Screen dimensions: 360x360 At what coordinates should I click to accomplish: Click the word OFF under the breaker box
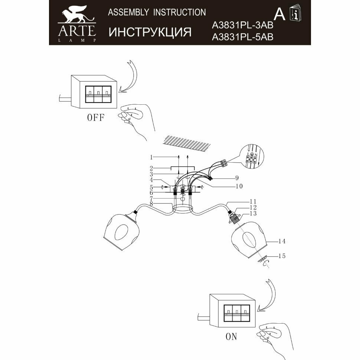(x=96, y=118)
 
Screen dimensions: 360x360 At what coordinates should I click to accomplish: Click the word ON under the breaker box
(x=231, y=337)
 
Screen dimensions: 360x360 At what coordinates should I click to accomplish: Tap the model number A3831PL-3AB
(x=242, y=25)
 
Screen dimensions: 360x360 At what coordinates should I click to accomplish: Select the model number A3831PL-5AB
(x=242, y=37)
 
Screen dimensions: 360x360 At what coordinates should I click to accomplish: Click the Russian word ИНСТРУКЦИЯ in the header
(x=150, y=32)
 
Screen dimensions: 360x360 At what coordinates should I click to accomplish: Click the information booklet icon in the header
(x=296, y=14)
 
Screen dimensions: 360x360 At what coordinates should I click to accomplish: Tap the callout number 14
(x=282, y=242)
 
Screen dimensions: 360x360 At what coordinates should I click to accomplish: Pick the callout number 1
(x=151, y=156)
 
